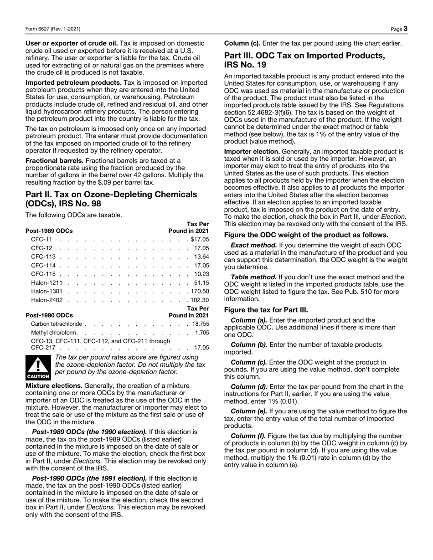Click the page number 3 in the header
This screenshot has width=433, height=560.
(405, 29)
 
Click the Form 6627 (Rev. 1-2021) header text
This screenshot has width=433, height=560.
(53, 29)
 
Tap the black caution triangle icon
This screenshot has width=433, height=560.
(38, 368)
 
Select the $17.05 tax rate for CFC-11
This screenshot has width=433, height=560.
(200, 239)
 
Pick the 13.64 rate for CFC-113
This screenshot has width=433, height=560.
(201, 257)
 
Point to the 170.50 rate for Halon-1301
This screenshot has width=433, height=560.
(200, 291)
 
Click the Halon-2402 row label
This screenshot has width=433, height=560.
(47, 300)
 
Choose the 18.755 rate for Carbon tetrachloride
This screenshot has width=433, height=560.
(201, 324)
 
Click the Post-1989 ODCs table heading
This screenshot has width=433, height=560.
(49, 231)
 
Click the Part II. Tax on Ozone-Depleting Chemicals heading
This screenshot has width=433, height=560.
(111, 199)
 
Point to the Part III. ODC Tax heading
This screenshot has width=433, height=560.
(304, 60)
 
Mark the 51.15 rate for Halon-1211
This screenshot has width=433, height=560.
(201, 283)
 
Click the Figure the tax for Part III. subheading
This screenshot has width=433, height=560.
(266, 310)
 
